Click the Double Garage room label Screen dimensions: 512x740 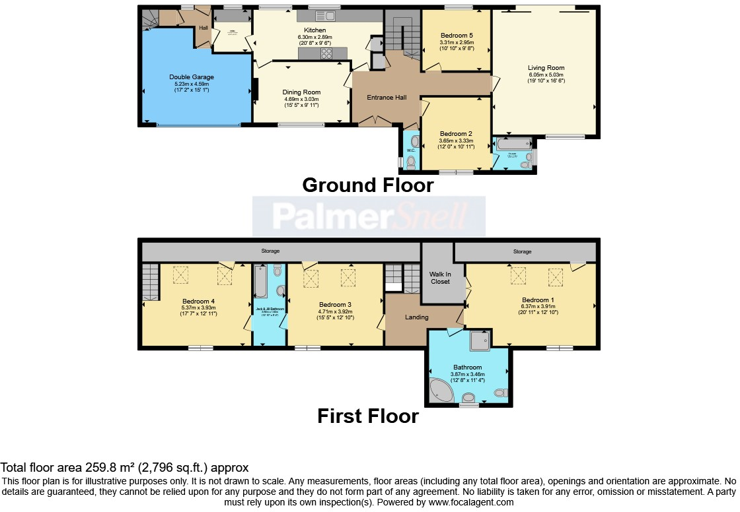(192, 77)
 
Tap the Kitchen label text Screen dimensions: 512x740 (314, 30)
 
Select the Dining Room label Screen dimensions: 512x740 (301, 92)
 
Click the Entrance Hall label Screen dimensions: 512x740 (387, 97)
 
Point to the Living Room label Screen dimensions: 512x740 (546, 67)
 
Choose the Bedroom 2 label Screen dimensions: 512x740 (457, 133)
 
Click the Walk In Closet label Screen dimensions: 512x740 (440, 277)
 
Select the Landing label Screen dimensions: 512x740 (416, 317)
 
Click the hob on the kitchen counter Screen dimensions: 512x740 (326, 55)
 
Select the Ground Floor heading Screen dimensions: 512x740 (367, 185)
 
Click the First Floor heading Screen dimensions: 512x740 (367, 416)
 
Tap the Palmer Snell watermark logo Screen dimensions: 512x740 (369, 216)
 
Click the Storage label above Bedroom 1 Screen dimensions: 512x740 (522, 251)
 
